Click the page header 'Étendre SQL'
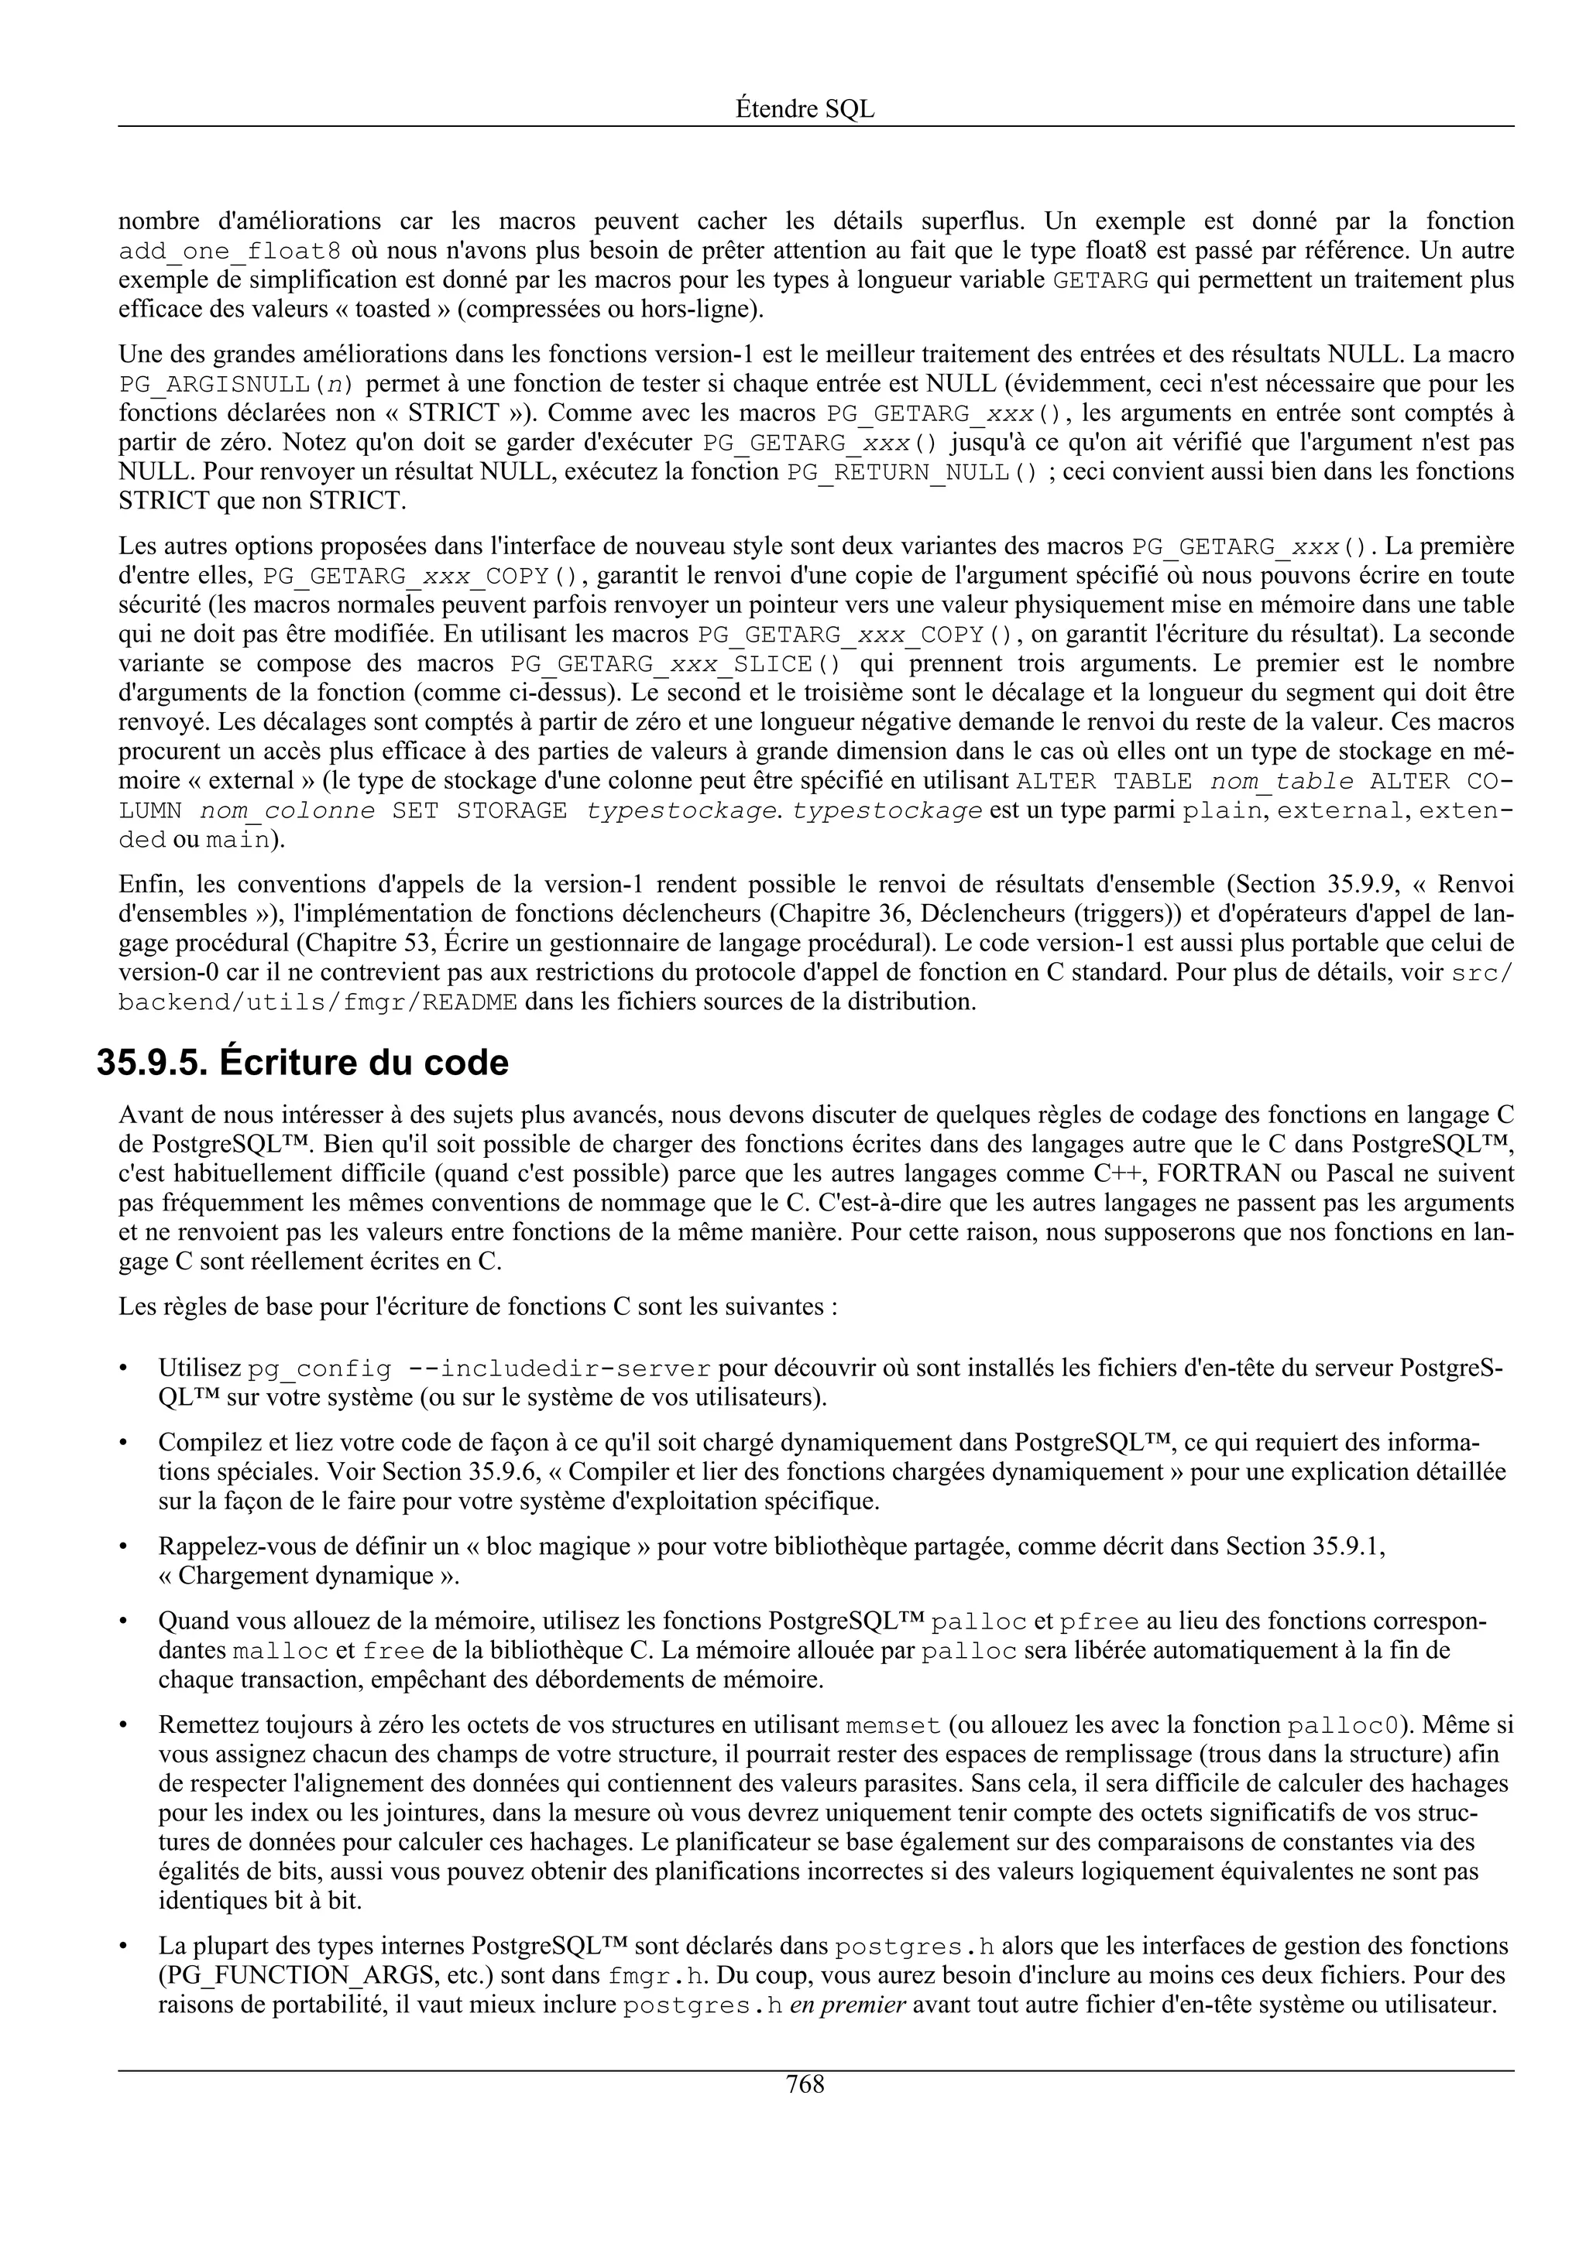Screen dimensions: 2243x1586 pyautogui.click(x=805, y=109)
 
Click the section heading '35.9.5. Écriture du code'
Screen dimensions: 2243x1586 pyautogui.click(x=303, y=1063)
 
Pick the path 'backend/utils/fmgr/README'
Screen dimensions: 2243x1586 pyautogui.click(x=318, y=1003)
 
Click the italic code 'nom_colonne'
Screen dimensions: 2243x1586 pyautogui.click(x=287, y=812)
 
